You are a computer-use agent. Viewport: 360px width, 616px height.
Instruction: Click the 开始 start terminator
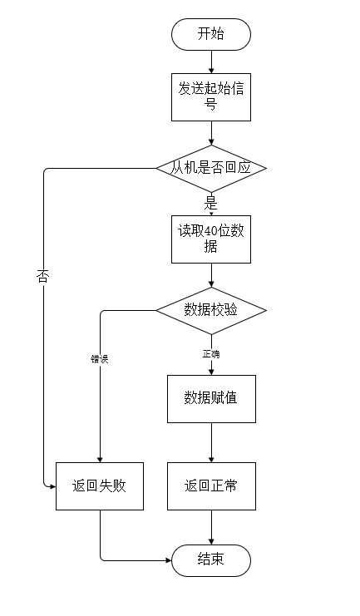point(210,34)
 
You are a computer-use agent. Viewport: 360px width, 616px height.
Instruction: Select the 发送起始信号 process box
point(210,96)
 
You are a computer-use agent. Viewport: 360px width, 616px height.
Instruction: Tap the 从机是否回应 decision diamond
point(210,168)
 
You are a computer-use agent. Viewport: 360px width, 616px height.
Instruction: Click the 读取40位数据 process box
point(210,239)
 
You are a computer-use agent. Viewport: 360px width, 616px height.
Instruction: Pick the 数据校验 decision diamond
point(210,310)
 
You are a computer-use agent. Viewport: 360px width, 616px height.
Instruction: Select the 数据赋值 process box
point(210,398)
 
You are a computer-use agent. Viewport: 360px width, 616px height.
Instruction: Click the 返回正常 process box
point(210,485)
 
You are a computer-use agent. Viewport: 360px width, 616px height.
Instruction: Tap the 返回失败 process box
point(100,485)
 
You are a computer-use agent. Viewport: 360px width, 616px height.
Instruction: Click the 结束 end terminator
point(210,559)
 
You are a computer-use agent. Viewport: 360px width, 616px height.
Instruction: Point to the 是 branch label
point(210,202)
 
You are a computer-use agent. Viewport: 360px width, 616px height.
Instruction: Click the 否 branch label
point(43,276)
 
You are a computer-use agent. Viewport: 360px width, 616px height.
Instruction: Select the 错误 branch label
point(100,359)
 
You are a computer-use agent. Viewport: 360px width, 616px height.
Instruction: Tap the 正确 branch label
point(210,354)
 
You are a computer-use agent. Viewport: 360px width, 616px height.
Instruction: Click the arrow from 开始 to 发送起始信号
point(210,61)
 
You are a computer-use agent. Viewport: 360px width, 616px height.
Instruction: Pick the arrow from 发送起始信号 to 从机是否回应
point(210,133)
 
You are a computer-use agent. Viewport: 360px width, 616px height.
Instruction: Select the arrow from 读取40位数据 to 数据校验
point(210,274)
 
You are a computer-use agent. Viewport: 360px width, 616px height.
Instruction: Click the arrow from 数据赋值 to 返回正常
point(210,442)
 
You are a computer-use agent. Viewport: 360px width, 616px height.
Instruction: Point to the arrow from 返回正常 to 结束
point(210,527)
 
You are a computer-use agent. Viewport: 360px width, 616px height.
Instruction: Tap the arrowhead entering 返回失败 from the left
point(52,485)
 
